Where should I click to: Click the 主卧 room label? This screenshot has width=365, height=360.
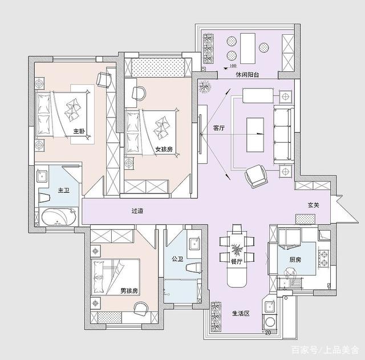[x=79, y=131]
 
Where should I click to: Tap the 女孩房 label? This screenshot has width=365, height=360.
[x=164, y=149]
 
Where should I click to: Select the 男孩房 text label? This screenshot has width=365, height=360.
[x=129, y=290]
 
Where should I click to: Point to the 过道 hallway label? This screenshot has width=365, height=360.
[x=137, y=211]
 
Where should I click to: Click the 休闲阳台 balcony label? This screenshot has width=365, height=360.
[x=248, y=75]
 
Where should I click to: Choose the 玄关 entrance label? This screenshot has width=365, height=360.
[x=313, y=205]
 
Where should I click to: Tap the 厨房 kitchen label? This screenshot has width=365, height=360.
[x=295, y=260]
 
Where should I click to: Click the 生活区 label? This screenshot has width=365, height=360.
[x=241, y=313]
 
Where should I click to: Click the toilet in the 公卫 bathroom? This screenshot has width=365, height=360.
[x=194, y=268]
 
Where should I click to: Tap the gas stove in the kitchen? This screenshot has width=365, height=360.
[x=324, y=258]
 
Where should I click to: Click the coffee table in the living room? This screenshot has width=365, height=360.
[x=255, y=135]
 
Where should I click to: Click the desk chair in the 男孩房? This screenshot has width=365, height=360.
[x=141, y=309]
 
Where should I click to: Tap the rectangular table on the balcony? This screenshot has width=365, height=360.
[x=248, y=48]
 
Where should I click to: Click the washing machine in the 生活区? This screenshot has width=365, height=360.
[x=270, y=322]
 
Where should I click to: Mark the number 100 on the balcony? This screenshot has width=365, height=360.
[x=233, y=66]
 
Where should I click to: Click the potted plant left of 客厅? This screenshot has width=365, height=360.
[x=204, y=87]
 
